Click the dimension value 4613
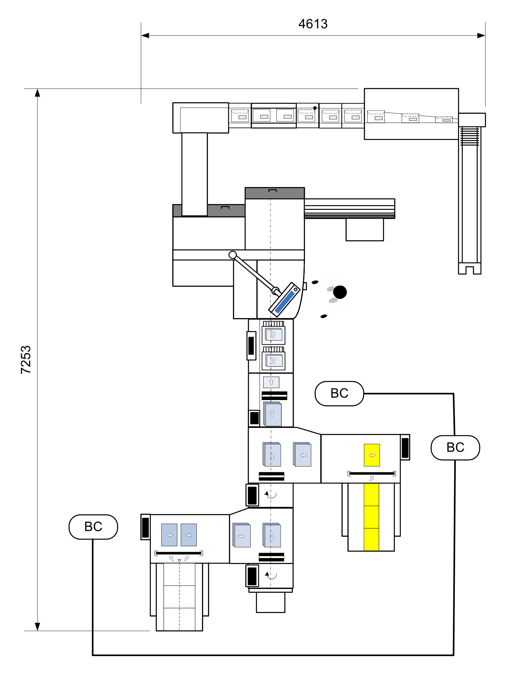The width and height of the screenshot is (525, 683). [313, 24]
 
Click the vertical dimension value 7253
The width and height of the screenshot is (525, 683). [26, 360]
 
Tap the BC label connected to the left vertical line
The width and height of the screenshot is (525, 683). [93, 527]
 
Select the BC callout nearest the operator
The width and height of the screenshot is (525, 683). [339, 393]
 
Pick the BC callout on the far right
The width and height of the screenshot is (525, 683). [455, 448]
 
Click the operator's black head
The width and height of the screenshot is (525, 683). [340, 292]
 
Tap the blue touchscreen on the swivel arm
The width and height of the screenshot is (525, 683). [285, 302]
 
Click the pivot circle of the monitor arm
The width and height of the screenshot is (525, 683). [233, 255]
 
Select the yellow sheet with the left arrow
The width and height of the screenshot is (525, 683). [372, 455]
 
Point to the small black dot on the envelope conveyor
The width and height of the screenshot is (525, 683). [315, 108]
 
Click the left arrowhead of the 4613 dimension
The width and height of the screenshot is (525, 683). [145, 35]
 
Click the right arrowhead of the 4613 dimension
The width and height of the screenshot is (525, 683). [481, 35]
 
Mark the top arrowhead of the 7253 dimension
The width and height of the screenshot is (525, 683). [37, 93]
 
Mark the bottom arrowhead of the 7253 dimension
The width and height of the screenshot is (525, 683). [37, 627]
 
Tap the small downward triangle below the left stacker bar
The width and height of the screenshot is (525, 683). [179, 561]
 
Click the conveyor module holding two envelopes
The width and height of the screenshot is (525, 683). [274, 116]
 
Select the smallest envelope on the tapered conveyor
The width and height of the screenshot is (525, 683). [444, 119]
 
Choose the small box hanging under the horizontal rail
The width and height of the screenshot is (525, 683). [365, 229]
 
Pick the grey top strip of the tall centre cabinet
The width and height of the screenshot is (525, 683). [275, 193]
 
